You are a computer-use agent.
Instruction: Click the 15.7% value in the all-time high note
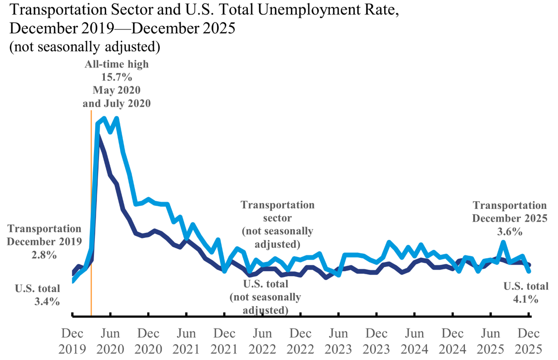(116, 77)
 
